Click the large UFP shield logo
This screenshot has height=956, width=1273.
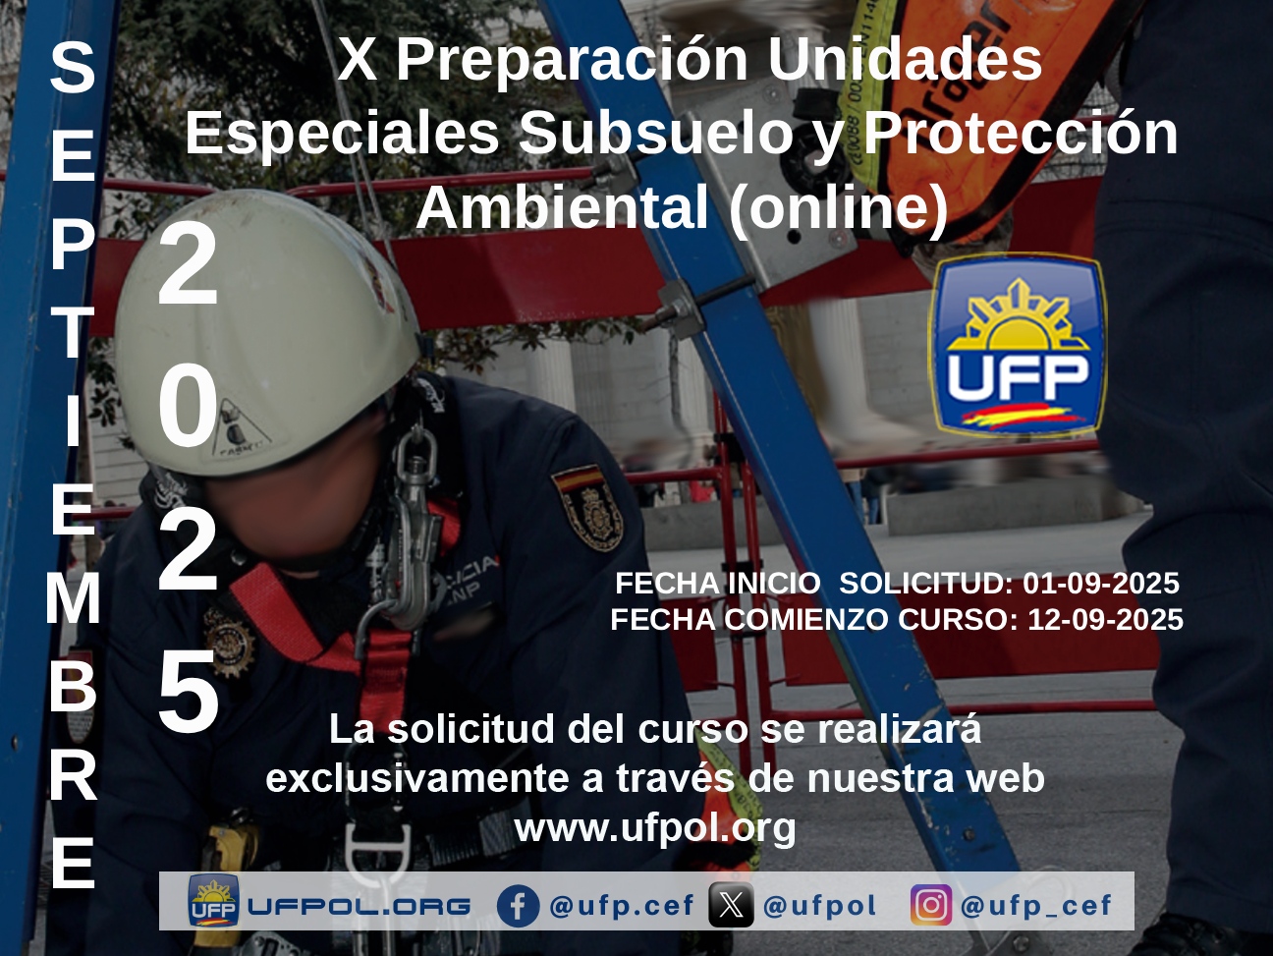tap(1019, 345)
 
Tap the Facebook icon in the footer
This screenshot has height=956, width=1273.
tap(518, 906)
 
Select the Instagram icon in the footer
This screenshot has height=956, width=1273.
tap(931, 905)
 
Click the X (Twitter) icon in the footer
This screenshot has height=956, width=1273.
tap(731, 906)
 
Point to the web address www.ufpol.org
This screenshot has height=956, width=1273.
tap(655, 828)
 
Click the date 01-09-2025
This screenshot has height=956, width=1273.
tap(1101, 583)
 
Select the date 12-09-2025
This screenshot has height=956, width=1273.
tap(1105, 620)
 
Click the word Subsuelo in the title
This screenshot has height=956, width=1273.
tap(656, 134)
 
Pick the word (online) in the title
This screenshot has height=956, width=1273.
tap(839, 209)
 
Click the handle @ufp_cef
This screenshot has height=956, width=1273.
tap(1036, 906)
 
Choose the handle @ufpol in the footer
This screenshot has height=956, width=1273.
tap(819, 906)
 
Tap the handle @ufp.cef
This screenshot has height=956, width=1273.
tap(621, 906)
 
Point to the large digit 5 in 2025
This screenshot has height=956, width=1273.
tap(189, 691)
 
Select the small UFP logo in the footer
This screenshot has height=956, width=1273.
tap(213, 905)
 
